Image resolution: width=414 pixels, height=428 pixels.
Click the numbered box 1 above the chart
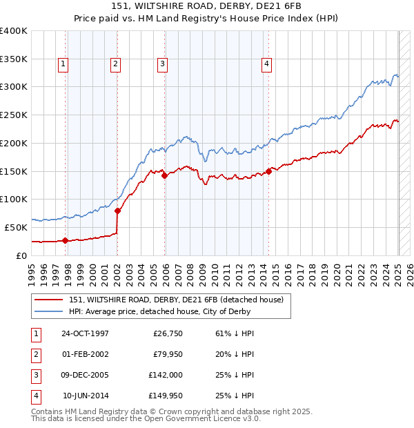click(x=63, y=65)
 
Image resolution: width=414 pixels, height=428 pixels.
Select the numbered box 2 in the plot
click(x=115, y=65)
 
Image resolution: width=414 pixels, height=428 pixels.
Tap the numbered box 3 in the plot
click(x=163, y=65)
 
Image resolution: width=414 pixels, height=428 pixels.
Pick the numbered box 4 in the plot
click(x=266, y=65)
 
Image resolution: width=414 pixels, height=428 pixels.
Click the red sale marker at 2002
click(x=117, y=211)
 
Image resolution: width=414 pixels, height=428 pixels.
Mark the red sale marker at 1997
click(x=65, y=240)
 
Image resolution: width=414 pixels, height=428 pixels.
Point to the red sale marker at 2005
click(x=165, y=175)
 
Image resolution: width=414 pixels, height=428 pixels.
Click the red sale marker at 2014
click(x=268, y=171)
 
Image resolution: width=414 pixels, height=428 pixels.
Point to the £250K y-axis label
click(x=14, y=115)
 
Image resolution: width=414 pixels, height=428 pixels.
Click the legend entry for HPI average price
click(x=166, y=312)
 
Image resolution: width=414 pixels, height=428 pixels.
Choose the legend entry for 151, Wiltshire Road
click(x=176, y=300)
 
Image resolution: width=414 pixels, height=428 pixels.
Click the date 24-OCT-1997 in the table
click(x=86, y=333)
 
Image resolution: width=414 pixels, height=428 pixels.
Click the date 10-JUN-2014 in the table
click(x=86, y=396)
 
